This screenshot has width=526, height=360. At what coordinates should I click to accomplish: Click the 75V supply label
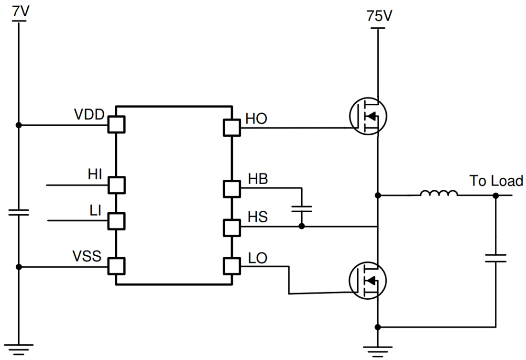(379, 17)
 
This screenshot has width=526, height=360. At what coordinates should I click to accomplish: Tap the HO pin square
(232, 128)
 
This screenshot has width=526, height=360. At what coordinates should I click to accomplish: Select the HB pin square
(232, 189)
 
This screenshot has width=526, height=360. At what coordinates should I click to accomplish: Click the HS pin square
(232, 227)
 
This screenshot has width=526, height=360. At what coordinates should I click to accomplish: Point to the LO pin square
(232, 266)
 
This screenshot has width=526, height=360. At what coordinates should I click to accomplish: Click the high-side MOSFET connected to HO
(368, 116)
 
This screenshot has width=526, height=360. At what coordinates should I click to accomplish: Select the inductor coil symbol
(438, 194)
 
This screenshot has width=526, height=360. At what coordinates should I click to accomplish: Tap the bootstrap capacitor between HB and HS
(302, 208)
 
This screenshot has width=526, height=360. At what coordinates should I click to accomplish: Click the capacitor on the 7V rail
(19, 212)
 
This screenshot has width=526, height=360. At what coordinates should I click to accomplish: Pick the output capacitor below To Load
(495, 259)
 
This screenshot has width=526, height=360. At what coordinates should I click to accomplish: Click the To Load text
(496, 181)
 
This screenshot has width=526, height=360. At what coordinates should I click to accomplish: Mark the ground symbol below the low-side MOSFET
(378, 352)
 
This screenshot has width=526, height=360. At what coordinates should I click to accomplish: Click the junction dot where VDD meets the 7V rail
(19, 125)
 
